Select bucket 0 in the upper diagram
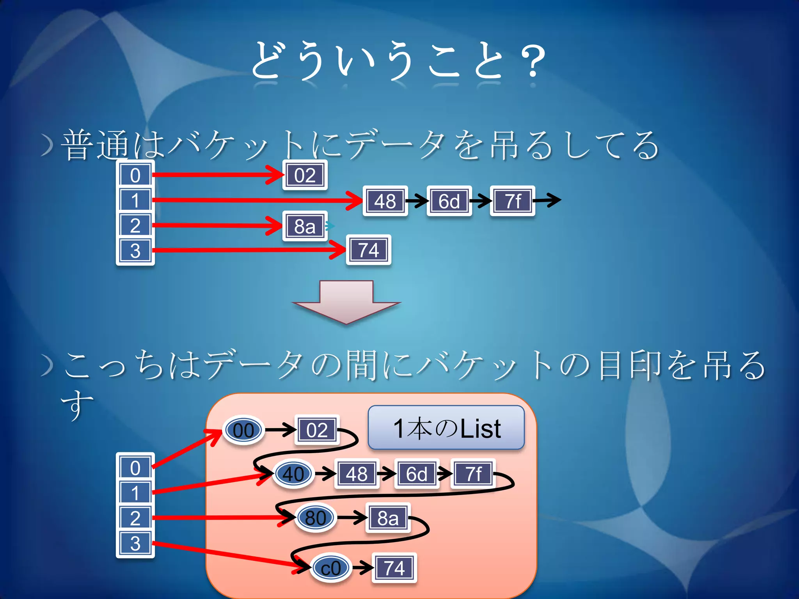tap(135, 175)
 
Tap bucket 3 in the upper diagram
tap(135, 250)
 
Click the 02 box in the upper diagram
tap(305, 175)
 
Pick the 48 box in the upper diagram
tap(385, 201)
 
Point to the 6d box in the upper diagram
tap(449, 201)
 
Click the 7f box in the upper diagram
tap(513, 201)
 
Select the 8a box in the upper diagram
tap(305, 226)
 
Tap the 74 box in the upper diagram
tap(368, 250)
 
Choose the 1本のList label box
tap(446, 428)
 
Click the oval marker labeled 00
tap(243, 430)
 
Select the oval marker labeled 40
tap(293, 474)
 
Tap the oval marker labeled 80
tap(315, 518)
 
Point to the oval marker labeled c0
tap(331, 568)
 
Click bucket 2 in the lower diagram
tap(135, 518)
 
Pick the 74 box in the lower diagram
tap(394, 568)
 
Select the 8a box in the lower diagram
tap(388, 518)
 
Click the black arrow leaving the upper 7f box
tap(547, 200)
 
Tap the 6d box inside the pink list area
tap(416, 474)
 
